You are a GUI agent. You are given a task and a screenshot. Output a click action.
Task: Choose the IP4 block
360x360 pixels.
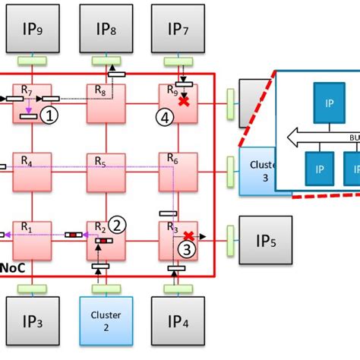(179, 324)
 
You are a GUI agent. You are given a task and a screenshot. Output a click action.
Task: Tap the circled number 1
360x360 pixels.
(49, 115)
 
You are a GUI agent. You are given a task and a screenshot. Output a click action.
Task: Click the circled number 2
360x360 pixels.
(116, 224)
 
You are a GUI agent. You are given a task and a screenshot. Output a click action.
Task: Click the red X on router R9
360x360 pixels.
(182, 101)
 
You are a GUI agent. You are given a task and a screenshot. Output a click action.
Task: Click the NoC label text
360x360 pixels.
(11, 268)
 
